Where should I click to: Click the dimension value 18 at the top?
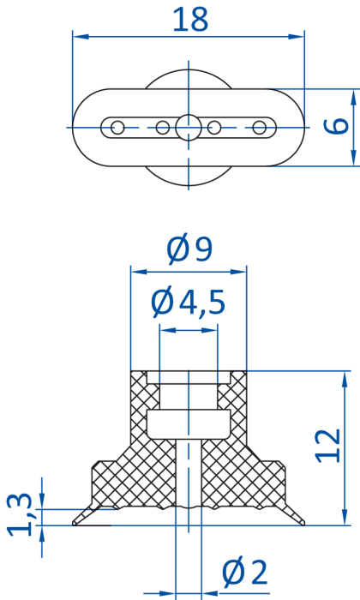tap(190, 19)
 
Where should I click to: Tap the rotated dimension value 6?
tap(336, 126)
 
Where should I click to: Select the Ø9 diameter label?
tap(189, 249)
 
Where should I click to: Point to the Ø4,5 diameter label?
tap(188, 303)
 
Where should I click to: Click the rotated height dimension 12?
tap(327, 446)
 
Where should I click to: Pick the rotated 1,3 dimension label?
tap(19, 514)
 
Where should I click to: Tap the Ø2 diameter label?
tap(245, 573)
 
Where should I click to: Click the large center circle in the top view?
tap(189, 128)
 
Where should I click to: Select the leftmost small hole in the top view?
tap(117, 128)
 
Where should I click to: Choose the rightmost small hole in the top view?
tap(260, 128)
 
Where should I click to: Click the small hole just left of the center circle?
tap(163, 128)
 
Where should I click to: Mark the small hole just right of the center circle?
tap(214, 128)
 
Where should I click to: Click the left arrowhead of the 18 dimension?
tap(81, 37)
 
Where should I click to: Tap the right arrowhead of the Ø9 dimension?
tap(238, 272)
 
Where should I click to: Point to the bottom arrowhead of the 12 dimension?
tap(345, 517)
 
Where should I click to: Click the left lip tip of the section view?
tap(74, 524)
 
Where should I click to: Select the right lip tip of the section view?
tap(303, 524)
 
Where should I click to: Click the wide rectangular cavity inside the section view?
tap(189, 424)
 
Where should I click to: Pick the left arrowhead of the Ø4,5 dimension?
tap(167, 330)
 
